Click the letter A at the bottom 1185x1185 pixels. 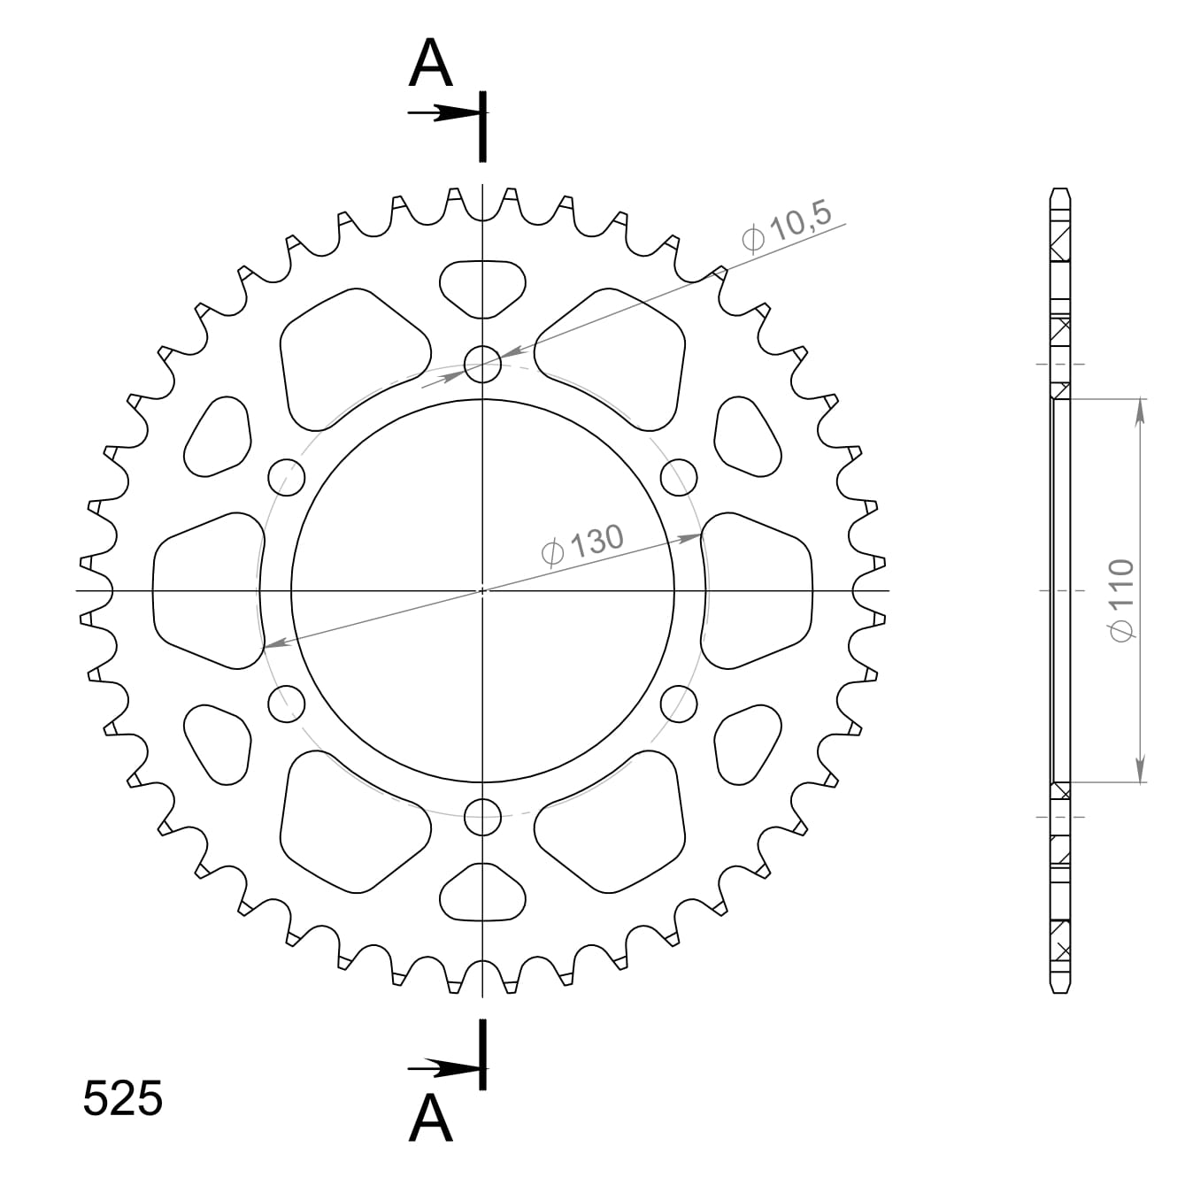(x=431, y=1118)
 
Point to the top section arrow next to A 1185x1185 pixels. (x=442, y=113)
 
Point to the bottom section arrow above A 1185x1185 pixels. (x=442, y=1069)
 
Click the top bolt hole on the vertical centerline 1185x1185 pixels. (x=482, y=364)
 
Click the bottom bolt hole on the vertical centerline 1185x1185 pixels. (x=482, y=816)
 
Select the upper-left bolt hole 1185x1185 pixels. (x=286, y=477)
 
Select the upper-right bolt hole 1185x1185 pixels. (x=679, y=477)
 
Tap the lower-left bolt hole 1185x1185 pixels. (x=286, y=703)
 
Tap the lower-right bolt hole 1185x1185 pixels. (x=679, y=703)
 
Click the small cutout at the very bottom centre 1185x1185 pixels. (x=482, y=893)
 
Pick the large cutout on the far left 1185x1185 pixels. (x=209, y=589)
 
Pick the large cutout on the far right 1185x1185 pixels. (x=757, y=589)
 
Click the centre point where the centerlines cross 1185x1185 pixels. (x=482, y=590)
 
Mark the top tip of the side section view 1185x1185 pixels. (x=1060, y=190)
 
